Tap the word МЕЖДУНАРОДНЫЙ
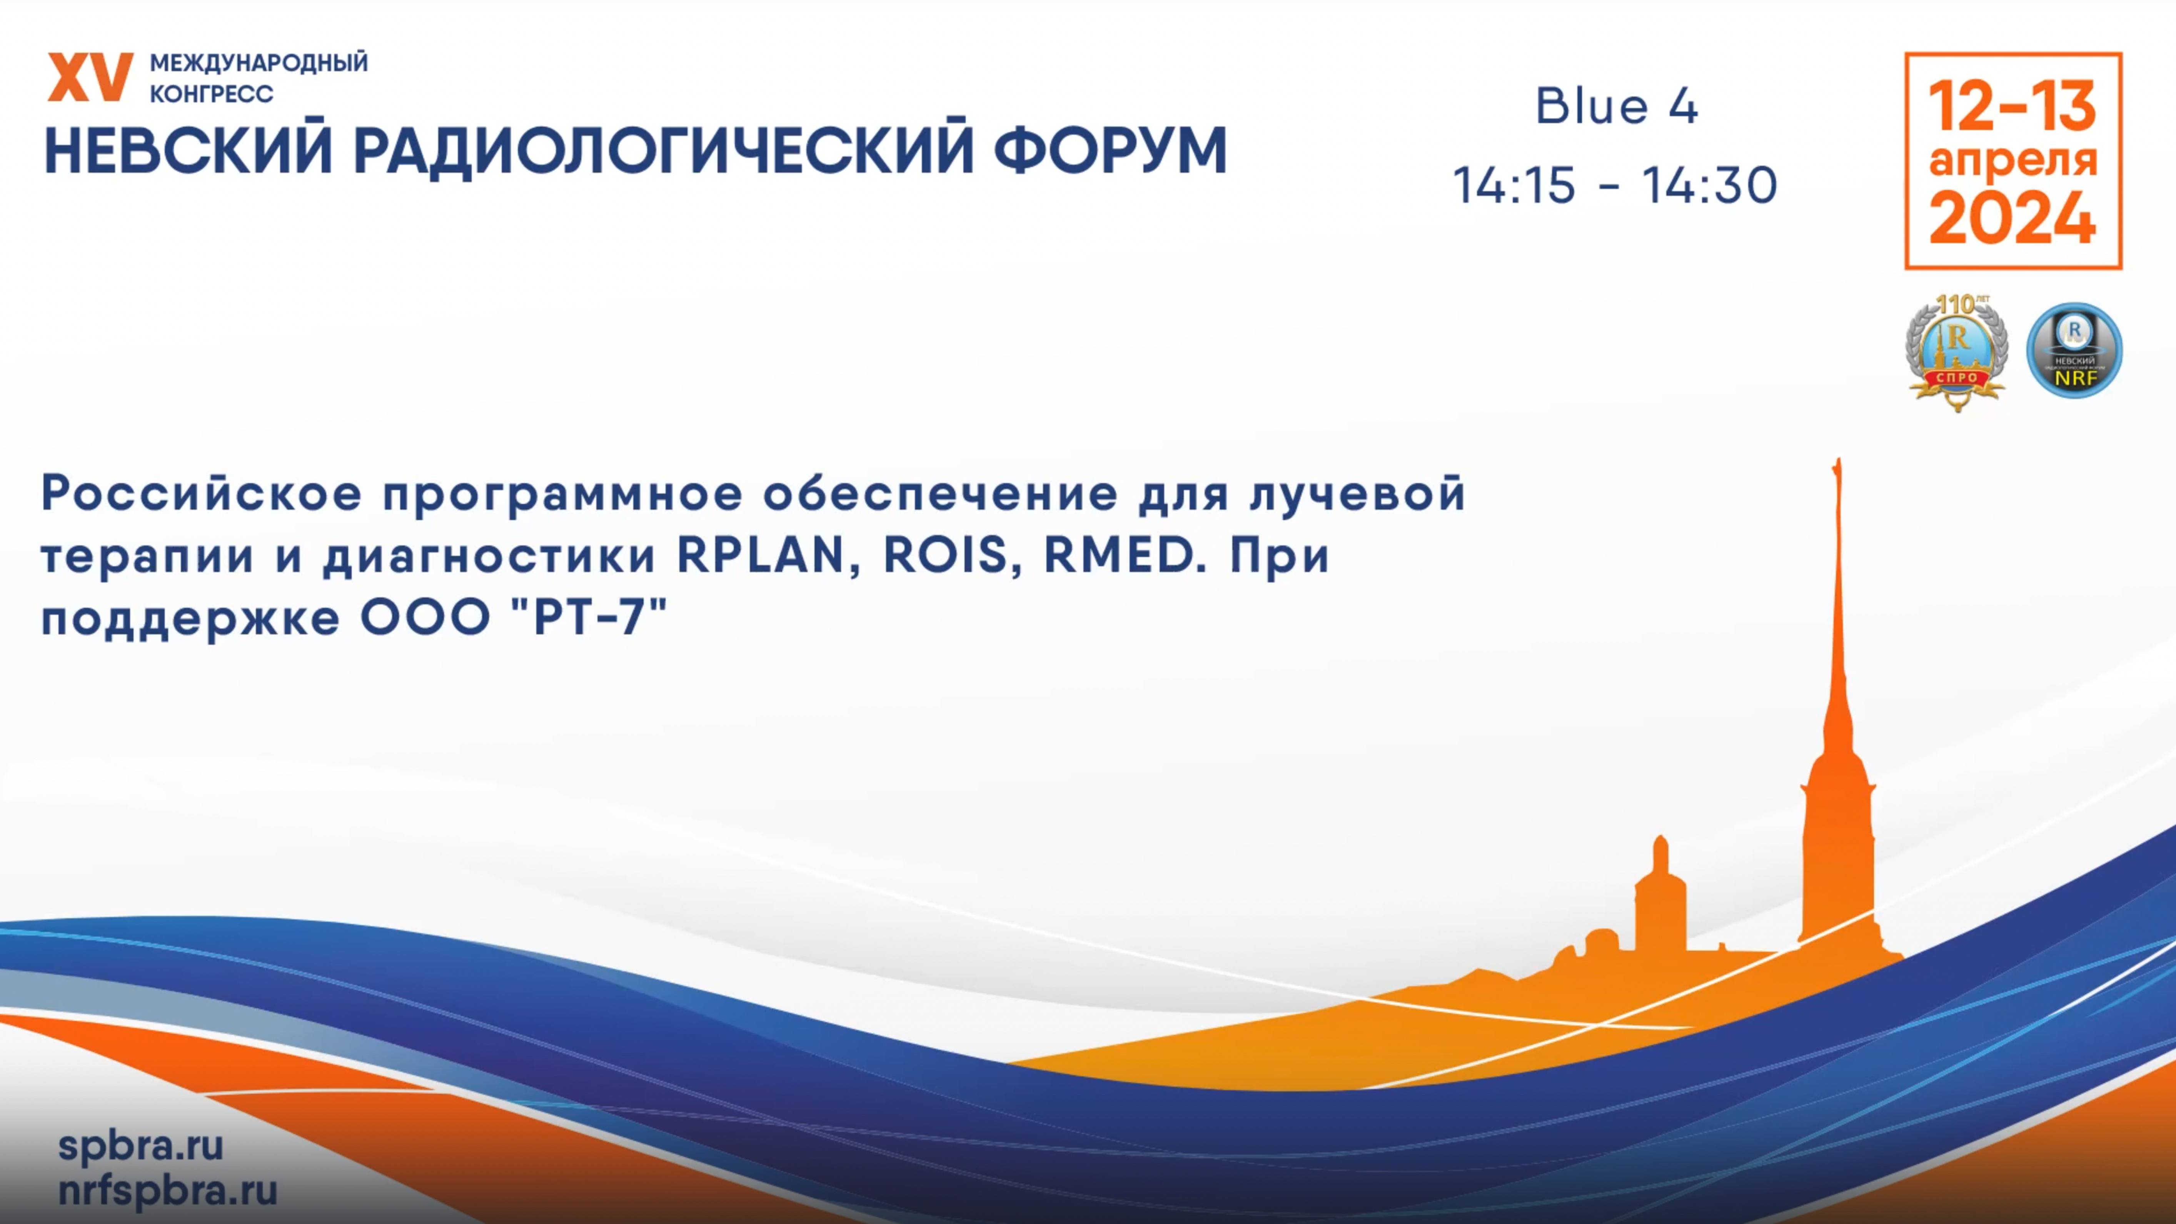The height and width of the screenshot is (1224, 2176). click(259, 63)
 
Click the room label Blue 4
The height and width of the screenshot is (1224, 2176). click(1616, 107)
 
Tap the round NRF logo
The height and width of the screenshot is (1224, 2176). click(2075, 350)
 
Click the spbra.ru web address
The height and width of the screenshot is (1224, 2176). click(140, 1146)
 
